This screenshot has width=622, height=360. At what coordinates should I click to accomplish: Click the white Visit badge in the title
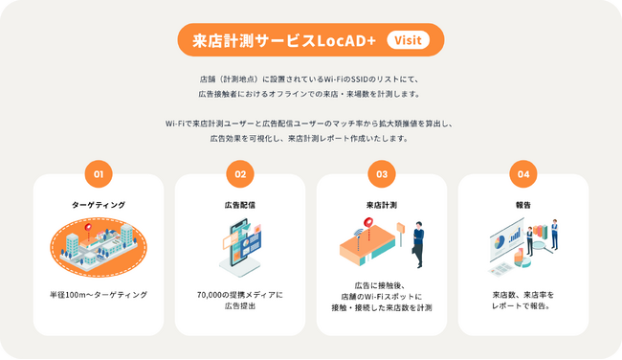(x=407, y=40)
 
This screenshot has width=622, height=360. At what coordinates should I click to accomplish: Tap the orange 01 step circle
(x=98, y=174)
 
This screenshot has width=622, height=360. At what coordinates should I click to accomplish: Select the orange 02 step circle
(x=239, y=174)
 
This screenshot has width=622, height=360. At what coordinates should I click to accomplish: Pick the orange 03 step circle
(x=381, y=174)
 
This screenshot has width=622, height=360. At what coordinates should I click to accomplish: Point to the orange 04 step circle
(x=522, y=174)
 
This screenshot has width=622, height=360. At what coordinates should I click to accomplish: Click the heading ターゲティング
(x=98, y=205)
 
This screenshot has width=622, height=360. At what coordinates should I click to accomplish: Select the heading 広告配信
(x=239, y=205)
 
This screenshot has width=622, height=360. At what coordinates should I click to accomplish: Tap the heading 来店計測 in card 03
(x=381, y=205)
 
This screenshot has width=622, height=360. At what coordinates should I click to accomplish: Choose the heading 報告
(x=522, y=205)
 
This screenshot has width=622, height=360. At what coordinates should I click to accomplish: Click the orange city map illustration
(x=98, y=248)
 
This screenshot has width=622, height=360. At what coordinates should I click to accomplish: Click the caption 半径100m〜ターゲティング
(x=98, y=294)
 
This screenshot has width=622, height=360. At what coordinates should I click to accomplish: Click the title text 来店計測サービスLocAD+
(x=283, y=40)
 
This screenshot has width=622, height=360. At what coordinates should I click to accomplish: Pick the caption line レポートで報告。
(x=522, y=306)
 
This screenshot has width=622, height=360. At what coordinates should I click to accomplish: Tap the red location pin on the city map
(x=88, y=227)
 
